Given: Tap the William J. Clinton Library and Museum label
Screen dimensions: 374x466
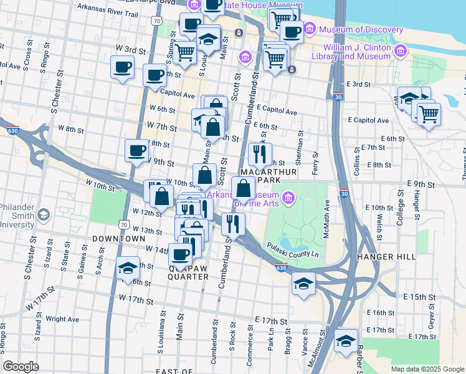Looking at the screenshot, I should [x=356, y=52].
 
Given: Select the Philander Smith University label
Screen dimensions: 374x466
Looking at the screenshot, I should [x=16, y=216].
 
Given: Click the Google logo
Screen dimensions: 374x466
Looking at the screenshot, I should [x=21, y=366].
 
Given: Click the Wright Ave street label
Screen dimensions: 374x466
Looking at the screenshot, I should [x=62, y=319].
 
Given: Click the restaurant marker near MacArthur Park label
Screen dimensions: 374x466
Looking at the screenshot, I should [x=260, y=154].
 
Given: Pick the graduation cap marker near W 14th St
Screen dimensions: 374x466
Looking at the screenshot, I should [x=128, y=268].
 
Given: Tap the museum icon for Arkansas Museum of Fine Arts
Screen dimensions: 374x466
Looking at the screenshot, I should [x=288, y=199].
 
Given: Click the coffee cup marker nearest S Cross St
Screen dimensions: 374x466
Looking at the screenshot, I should [x=122, y=67].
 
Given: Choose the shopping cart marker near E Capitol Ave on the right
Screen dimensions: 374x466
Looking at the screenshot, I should [x=428, y=114].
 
